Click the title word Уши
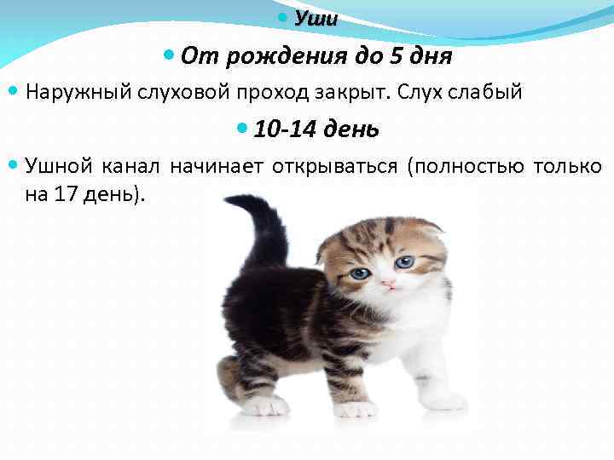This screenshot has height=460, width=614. click(x=316, y=19)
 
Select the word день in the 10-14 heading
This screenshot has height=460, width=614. click(x=353, y=129)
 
